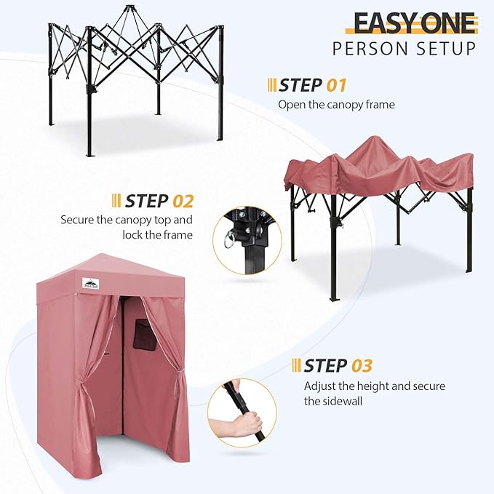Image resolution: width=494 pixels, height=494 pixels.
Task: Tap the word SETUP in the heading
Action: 447,49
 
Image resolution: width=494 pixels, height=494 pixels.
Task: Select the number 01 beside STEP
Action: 336,85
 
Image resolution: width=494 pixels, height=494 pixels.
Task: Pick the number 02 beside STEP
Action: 182,200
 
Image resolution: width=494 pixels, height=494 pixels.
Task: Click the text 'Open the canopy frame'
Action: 336,105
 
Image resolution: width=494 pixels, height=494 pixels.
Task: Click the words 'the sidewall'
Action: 334,401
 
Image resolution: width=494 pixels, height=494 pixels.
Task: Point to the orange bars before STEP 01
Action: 271,85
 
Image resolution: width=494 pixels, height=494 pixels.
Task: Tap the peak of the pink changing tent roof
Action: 107,257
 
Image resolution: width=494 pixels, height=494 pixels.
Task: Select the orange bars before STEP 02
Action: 116,200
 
